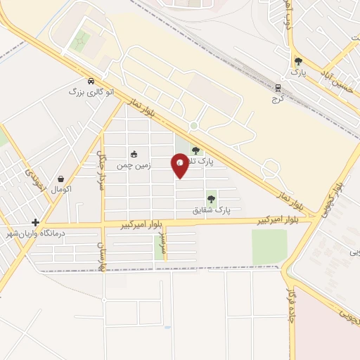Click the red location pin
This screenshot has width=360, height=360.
[181, 165]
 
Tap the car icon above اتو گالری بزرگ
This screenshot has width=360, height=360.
[91, 81]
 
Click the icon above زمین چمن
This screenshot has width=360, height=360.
[134, 155]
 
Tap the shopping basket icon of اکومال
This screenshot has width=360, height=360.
[62, 179]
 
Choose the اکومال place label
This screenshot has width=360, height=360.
[62, 189]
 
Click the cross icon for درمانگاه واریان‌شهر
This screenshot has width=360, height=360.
[36, 222]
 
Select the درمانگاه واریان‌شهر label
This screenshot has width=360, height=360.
[36, 233]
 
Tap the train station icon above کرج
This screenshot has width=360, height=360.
[278, 88]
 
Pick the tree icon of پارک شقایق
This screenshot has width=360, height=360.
[211, 199]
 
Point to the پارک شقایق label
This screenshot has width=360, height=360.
[212, 210]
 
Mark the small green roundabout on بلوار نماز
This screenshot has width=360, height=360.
[193, 126]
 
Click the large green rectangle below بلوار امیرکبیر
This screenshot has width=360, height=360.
[269, 247]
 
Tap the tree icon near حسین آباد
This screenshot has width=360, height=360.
[298, 61]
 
